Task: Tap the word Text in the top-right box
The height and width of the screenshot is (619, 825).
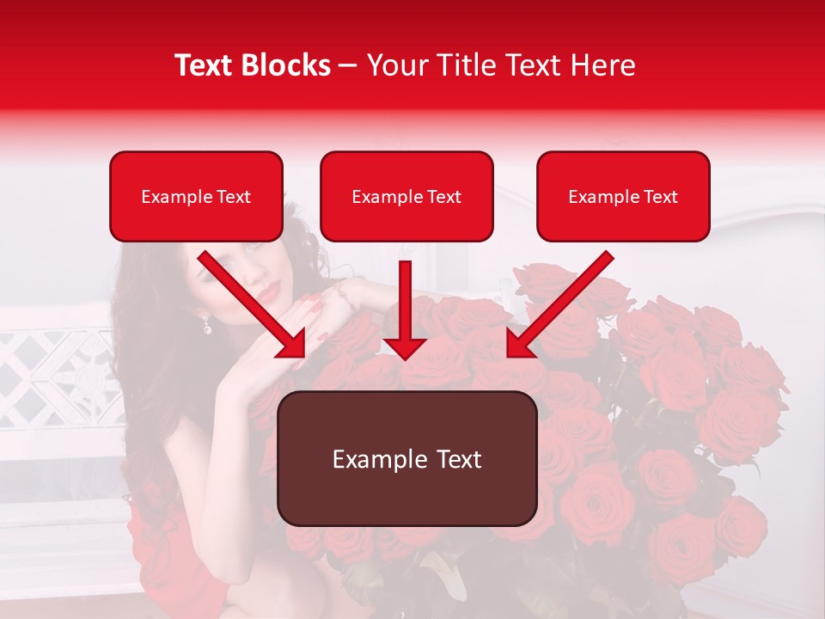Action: pyautogui.click(x=659, y=197)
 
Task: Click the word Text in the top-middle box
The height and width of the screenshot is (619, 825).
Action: pyautogui.click(x=443, y=197)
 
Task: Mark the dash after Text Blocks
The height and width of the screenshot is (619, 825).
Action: pyautogui.click(x=348, y=65)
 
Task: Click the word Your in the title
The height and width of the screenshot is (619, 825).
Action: pyautogui.click(x=395, y=65)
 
